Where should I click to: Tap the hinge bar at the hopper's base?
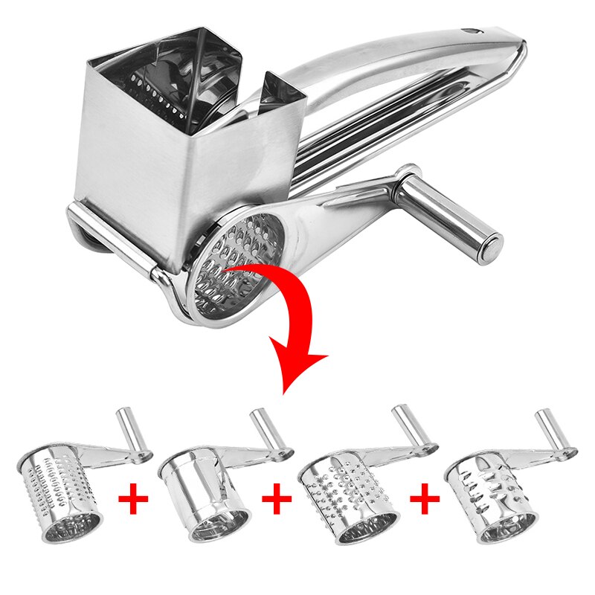coord(112,238)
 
